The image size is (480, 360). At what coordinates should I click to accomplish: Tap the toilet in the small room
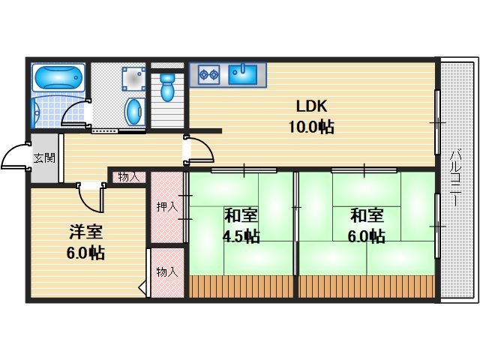168,88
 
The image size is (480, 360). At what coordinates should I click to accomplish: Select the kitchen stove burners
208,74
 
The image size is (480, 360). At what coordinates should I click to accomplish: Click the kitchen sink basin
243,74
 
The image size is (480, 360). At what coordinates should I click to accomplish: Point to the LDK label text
310,106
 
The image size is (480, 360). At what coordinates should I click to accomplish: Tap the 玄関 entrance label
43,158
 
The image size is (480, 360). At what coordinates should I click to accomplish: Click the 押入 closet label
166,206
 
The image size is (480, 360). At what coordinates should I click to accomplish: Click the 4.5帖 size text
241,236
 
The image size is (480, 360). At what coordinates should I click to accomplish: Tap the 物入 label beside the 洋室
166,271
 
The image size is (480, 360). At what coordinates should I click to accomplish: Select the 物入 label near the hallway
129,177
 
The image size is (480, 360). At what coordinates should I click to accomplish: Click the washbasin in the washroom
133,112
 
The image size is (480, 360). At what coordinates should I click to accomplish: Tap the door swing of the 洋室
91,199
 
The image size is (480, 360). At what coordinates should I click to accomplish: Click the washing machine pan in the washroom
132,77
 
